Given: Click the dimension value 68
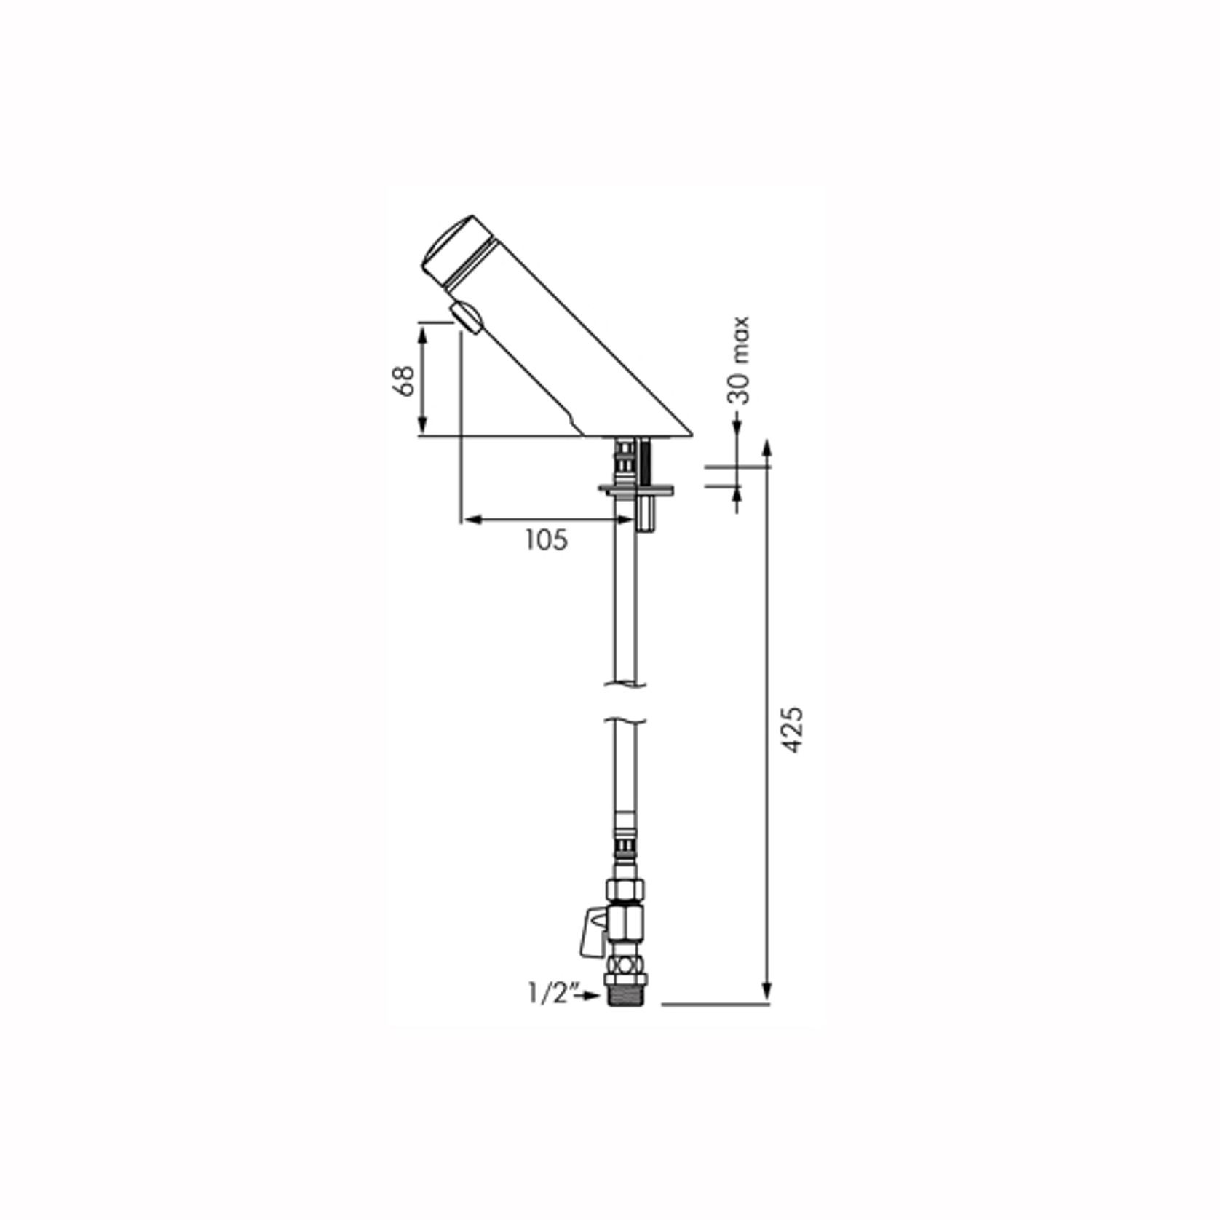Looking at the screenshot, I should pyautogui.click(x=404, y=380).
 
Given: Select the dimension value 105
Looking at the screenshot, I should pyautogui.click(x=546, y=540).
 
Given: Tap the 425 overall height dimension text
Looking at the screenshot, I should pyautogui.click(x=791, y=729).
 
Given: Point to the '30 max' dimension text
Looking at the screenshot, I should pyautogui.click(x=740, y=360).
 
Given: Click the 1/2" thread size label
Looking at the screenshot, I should pyautogui.click(x=552, y=994).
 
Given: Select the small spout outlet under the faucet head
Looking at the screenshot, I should pyautogui.click(x=466, y=317).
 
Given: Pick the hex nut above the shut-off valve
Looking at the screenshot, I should pyautogui.click(x=625, y=889).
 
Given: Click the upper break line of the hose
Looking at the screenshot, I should pyautogui.click(x=625, y=684).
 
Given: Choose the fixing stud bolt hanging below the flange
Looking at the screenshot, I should pyautogui.click(x=645, y=513).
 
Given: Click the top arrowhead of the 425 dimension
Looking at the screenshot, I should pyautogui.click(x=766, y=445).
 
